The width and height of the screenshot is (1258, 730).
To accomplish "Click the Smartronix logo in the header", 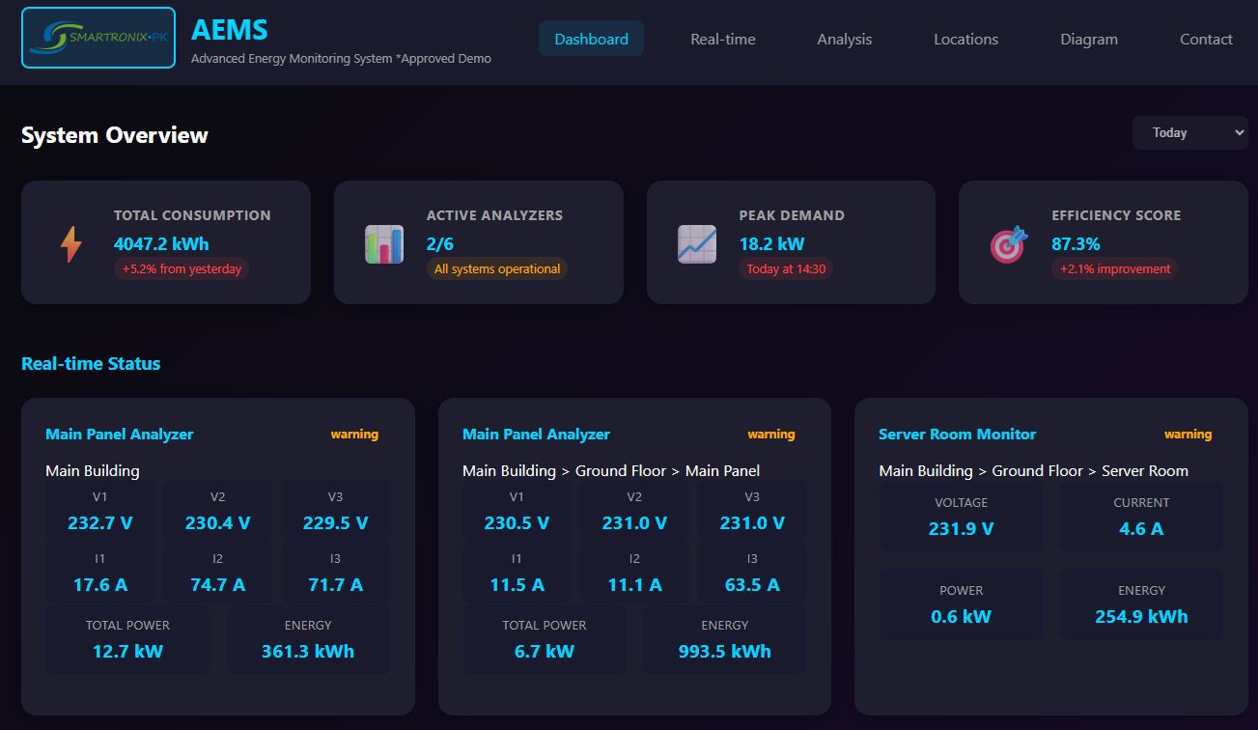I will pyautogui.click(x=98, y=38).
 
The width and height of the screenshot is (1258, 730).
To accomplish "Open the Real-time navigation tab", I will pyautogui.click(x=722, y=40).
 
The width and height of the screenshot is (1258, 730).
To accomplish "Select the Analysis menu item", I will pyautogui.click(x=844, y=40).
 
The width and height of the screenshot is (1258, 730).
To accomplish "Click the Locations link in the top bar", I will pyautogui.click(x=965, y=40).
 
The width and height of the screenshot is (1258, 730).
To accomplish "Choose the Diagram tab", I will pyautogui.click(x=1088, y=40).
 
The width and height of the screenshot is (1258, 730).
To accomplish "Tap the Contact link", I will pyautogui.click(x=1206, y=40).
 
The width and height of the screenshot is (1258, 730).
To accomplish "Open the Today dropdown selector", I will pyautogui.click(x=1189, y=133).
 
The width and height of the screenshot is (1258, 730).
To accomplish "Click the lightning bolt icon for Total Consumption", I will pyautogui.click(x=71, y=244).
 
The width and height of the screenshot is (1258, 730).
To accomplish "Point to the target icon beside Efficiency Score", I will pyautogui.click(x=1008, y=245).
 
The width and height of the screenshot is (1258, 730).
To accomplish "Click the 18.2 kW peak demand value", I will pyautogui.click(x=771, y=244).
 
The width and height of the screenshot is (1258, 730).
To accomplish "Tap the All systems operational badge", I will pyautogui.click(x=496, y=269).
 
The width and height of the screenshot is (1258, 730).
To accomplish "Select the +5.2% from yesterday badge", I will pyautogui.click(x=182, y=269).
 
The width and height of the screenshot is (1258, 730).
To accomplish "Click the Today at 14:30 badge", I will pyautogui.click(x=786, y=269).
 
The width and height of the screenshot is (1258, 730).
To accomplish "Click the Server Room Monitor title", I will pyautogui.click(x=957, y=435).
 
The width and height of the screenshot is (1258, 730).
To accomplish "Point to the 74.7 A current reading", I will pyautogui.click(x=217, y=585).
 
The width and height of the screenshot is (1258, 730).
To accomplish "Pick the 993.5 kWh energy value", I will pyautogui.click(x=724, y=652).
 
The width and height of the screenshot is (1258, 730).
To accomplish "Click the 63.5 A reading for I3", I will pyautogui.click(x=751, y=585).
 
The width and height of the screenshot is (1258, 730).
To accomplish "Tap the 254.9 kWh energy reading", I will pyautogui.click(x=1141, y=617).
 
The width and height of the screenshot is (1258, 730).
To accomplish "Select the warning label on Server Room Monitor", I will pyautogui.click(x=1188, y=435).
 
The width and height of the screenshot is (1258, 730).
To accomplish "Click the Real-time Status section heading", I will pyautogui.click(x=91, y=364).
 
